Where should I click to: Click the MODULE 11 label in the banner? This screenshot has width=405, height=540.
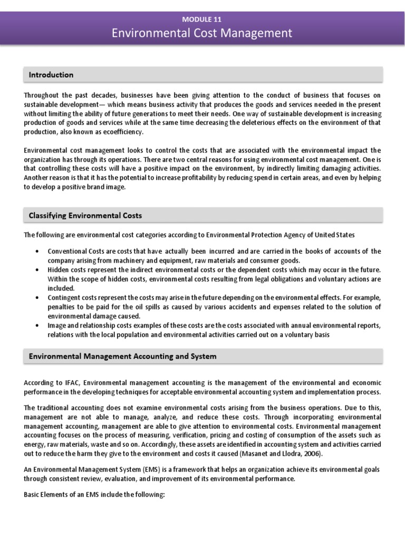(x=202, y=19)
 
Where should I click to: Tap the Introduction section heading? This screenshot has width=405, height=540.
(x=51, y=75)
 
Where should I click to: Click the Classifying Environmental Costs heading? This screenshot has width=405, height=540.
(x=85, y=215)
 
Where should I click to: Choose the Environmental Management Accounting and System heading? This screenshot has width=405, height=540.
(x=122, y=356)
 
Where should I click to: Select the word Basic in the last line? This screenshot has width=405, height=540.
(x=33, y=495)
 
